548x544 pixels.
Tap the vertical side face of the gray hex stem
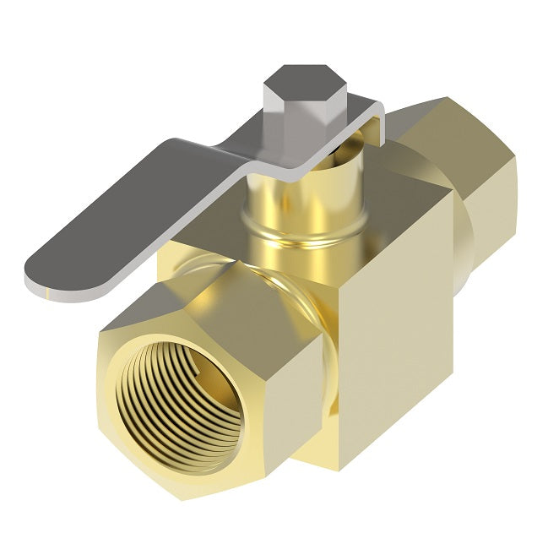[x=287, y=106]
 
